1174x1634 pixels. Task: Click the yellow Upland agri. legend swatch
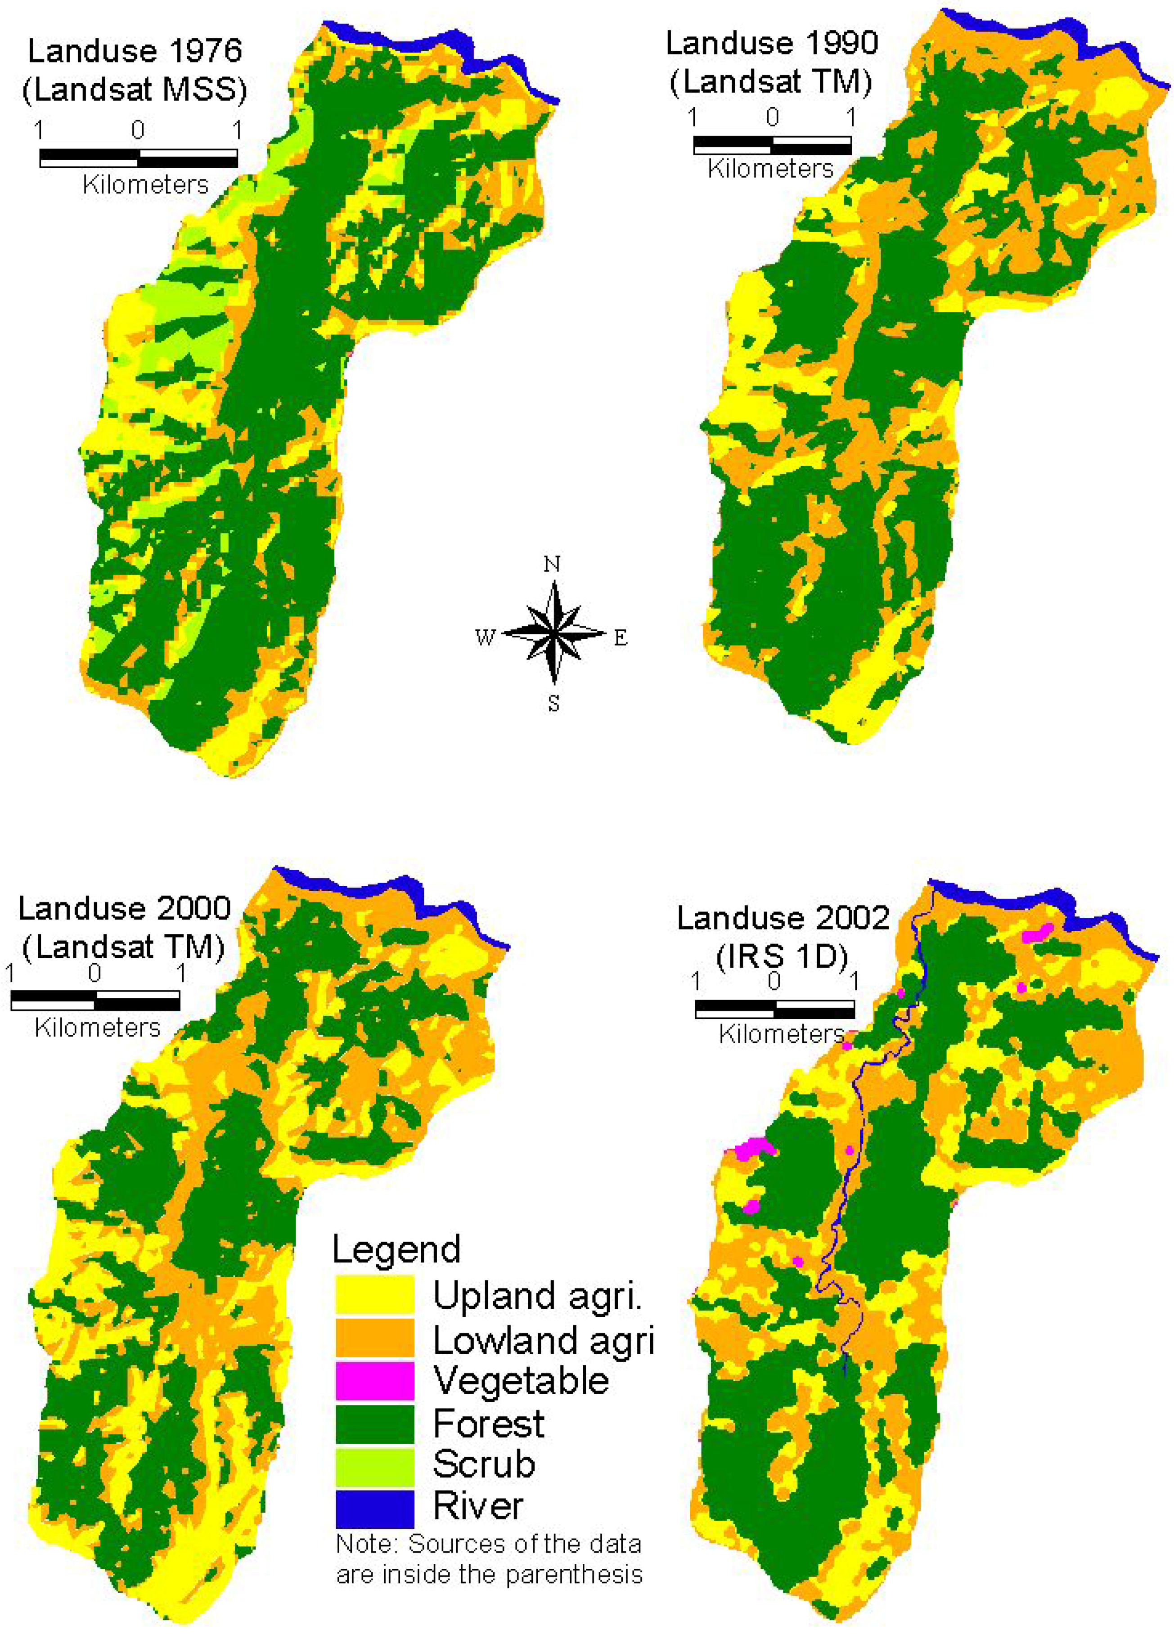[x=374, y=1295]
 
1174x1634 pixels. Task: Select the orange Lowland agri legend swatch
[x=374, y=1337]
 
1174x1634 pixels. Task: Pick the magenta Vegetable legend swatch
[x=374, y=1380]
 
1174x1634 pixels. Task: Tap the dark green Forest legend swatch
[x=374, y=1423]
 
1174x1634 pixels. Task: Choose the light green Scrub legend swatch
[x=374, y=1466]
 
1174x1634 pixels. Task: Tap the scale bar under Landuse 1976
[x=139, y=158]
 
